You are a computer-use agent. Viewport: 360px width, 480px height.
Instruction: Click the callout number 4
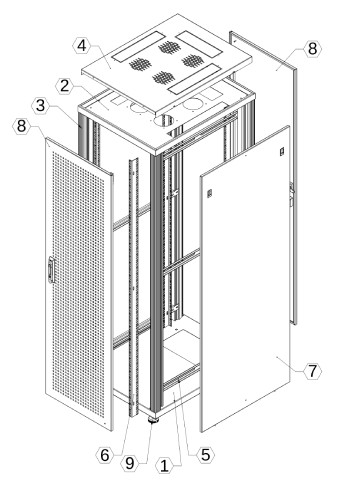pyautogui.click(x=81, y=46)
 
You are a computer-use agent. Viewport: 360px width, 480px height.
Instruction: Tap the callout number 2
pyautogui.click(x=64, y=86)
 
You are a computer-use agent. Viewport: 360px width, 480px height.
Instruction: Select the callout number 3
pyautogui.click(x=40, y=106)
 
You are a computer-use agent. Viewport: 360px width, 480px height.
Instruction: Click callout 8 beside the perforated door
pyautogui.click(x=21, y=126)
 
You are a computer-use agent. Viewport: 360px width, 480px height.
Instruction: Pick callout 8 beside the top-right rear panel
pyautogui.click(x=312, y=49)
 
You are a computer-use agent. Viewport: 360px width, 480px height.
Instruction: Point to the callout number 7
pyautogui.click(x=312, y=370)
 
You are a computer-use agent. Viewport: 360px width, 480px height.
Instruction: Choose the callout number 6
pyautogui.click(x=105, y=455)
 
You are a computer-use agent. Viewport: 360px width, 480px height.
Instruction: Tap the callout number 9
pyautogui.click(x=130, y=463)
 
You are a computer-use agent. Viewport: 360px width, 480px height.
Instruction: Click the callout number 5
pyautogui.click(x=205, y=455)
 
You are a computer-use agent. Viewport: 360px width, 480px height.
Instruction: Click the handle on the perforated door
pyautogui.click(x=51, y=269)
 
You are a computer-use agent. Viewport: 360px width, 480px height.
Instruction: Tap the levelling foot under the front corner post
pyautogui.click(x=154, y=419)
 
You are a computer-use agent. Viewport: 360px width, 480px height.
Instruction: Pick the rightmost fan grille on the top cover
pyautogui.click(x=192, y=61)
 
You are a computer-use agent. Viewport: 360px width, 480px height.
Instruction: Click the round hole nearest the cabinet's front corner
pyautogui.click(x=164, y=120)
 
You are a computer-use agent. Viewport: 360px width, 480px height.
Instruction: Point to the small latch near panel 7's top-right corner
pyautogui.click(x=282, y=151)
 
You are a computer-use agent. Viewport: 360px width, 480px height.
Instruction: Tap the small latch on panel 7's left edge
pyautogui.click(x=210, y=193)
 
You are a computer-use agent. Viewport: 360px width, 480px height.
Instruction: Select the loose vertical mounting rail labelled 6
pyautogui.click(x=134, y=288)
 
